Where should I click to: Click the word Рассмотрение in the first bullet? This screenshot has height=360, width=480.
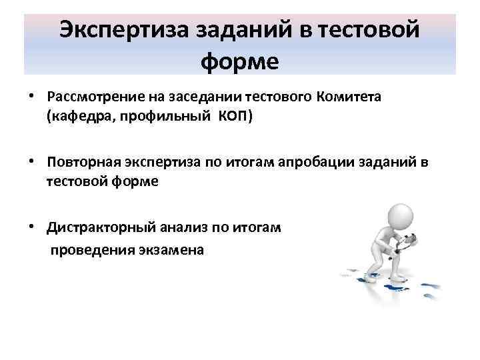pos(89,97)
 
